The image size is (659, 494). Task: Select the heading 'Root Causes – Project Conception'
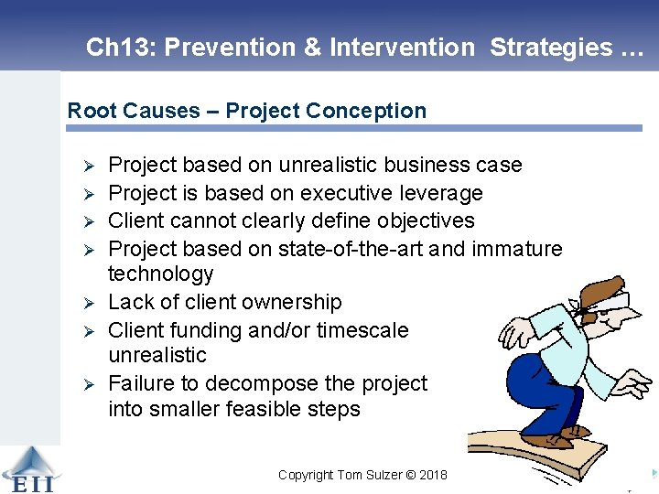(x=247, y=111)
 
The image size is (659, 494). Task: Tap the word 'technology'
(x=160, y=274)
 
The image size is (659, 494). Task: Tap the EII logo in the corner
(x=30, y=468)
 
